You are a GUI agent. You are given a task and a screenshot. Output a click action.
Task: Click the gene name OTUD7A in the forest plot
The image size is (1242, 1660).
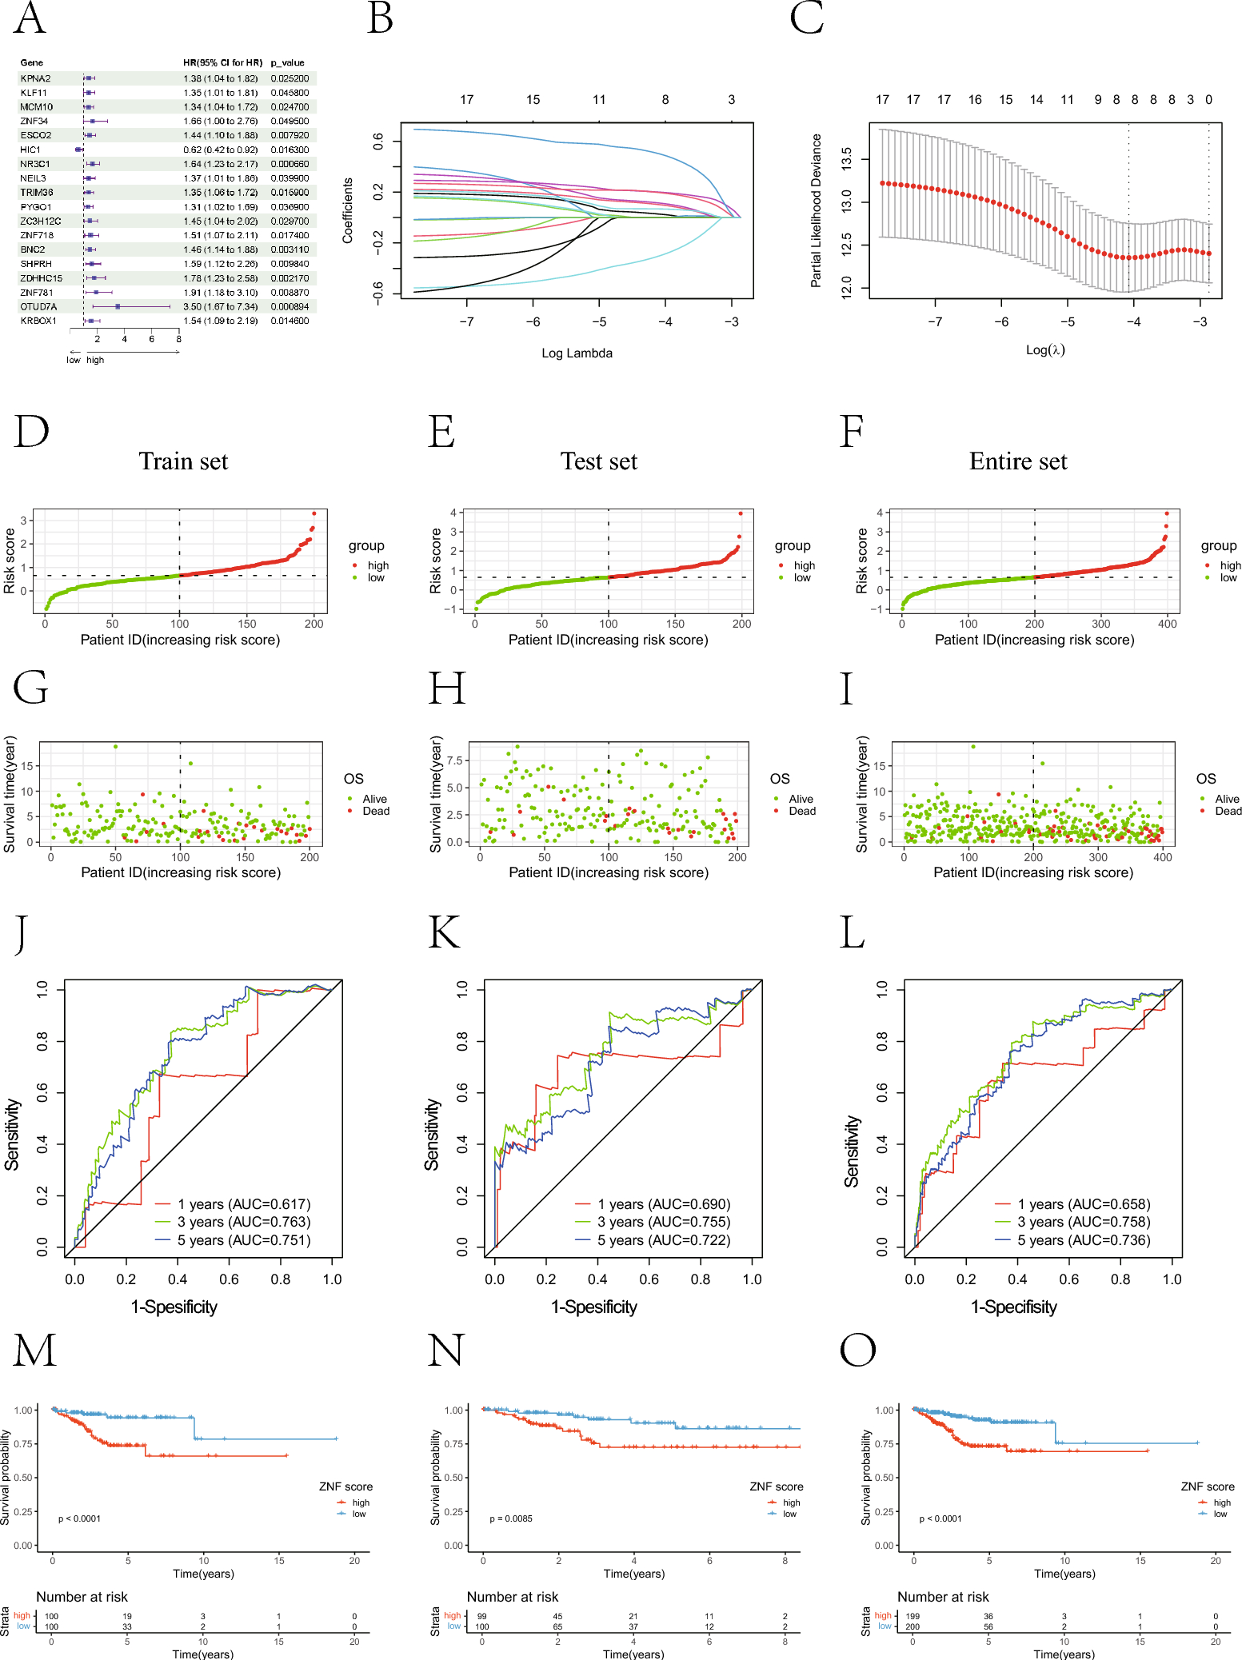(38, 307)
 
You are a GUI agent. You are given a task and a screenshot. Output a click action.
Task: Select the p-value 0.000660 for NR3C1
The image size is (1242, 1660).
(290, 164)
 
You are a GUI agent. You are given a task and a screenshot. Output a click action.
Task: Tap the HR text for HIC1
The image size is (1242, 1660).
(220, 150)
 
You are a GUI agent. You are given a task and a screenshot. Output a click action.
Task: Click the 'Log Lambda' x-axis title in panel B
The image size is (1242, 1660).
(577, 353)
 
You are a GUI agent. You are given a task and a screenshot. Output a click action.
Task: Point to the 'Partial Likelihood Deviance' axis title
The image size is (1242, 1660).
(816, 210)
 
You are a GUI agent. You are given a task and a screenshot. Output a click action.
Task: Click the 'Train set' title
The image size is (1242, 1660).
(183, 461)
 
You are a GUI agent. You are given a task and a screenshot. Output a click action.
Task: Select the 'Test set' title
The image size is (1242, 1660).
(598, 461)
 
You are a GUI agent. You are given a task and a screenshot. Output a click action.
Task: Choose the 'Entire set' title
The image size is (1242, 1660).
(1017, 461)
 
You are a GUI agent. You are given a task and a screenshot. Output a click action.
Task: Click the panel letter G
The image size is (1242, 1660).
(30, 688)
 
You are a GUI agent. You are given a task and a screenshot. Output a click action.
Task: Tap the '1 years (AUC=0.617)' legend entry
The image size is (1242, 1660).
(243, 1204)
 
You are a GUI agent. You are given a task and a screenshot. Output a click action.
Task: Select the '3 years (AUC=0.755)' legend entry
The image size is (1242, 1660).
(663, 1222)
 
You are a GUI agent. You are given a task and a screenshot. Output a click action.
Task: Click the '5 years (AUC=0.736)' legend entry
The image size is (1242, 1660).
(1083, 1240)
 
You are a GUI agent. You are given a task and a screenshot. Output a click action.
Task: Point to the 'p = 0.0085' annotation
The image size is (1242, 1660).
(511, 1518)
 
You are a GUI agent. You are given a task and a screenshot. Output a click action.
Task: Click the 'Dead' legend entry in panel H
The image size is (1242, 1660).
(802, 811)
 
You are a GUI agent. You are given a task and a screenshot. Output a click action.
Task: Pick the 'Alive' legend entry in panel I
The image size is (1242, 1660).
(1227, 799)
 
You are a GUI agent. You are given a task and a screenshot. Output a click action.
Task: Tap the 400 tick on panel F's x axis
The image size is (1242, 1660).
(1168, 624)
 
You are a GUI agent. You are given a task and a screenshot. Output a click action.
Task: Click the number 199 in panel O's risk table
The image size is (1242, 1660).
(913, 1616)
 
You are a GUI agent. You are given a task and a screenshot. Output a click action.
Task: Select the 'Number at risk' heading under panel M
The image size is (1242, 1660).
(82, 1597)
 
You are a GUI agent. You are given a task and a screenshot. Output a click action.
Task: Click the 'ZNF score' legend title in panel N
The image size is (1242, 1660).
(776, 1486)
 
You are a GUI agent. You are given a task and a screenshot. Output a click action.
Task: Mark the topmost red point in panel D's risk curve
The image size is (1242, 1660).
(314, 513)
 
